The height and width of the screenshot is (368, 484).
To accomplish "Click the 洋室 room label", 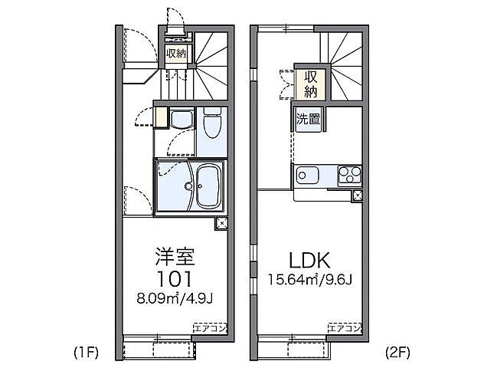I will tap(175, 255).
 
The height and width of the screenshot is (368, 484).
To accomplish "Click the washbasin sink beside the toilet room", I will tap(181, 119).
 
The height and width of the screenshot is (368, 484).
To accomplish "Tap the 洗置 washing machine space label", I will tap(309, 119).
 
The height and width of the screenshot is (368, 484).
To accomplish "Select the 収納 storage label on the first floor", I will tap(175, 54).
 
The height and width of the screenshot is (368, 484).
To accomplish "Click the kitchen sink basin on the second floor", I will tap(309, 175).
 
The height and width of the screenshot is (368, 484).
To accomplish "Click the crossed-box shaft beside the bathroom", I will tap(221, 223).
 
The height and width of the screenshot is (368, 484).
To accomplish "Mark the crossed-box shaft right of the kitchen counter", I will tap(358, 195).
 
